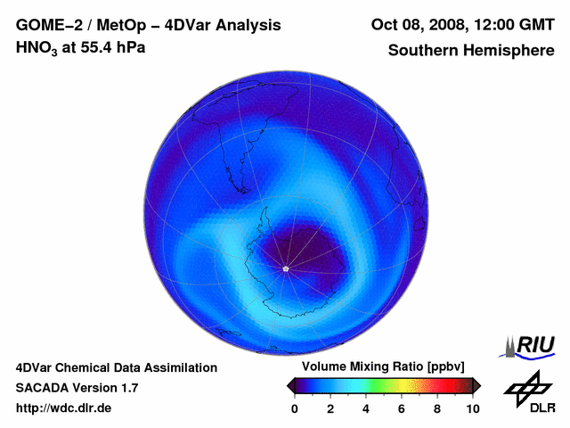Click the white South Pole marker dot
pyautogui.click(x=285, y=268)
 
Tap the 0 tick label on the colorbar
pyautogui.click(x=295, y=408)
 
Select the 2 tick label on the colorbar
pyautogui.click(x=330, y=408)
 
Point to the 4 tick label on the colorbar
pyautogui.click(x=366, y=408)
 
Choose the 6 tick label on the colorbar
pyautogui.click(x=402, y=408)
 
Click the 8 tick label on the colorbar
pyautogui.click(x=437, y=408)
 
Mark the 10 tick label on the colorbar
pyautogui.click(x=472, y=408)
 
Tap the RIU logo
pyautogui.click(x=531, y=345)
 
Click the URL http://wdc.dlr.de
pyautogui.click(x=64, y=408)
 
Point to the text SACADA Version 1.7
pyautogui.click(x=77, y=388)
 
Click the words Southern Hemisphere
pyautogui.click(x=471, y=51)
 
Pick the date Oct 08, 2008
pyautogui.click(x=413, y=25)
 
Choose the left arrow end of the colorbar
pyautogui.click(x=290, y=385)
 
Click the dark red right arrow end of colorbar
pyautogui.click(x=476, y=385)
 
